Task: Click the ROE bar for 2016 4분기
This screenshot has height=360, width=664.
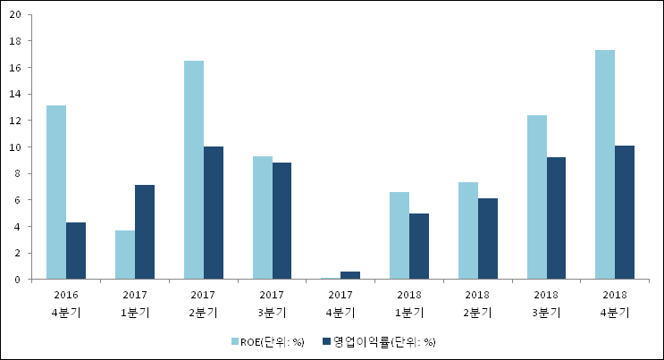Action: pyautogui.click(x=56, y=192)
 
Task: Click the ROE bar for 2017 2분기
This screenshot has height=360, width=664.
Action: pyautogui.click(x=194, y=170)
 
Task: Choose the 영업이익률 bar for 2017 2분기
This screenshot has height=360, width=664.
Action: pyautogui.click(x=214, y=213)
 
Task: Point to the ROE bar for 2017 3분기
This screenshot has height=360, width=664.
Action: pyautogui.click(x=263, y=218)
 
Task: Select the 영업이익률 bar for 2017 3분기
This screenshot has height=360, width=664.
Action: pyautogui.click(x=282, y=221)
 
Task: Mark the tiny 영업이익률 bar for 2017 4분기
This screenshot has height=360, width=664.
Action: pyautogui.click(x=350, y=275)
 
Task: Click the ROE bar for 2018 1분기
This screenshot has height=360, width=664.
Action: pyautogui.click(x=399, y=236)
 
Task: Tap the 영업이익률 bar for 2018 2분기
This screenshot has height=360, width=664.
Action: pyautogui.click(x=488, y=239)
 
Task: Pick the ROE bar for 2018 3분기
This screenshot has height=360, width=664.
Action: pyautogui.click(x=537, y=197)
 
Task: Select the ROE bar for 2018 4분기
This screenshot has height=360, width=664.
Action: pyautogui.click(x=605, y=164)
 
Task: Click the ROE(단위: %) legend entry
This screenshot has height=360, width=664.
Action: pyautogui.click(x=267, y=341)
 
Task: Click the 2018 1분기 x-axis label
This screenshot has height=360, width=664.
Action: pyautogui.click(x=408, y=302)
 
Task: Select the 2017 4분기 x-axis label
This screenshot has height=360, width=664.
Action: pyautogui.click(x=340, y=302)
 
